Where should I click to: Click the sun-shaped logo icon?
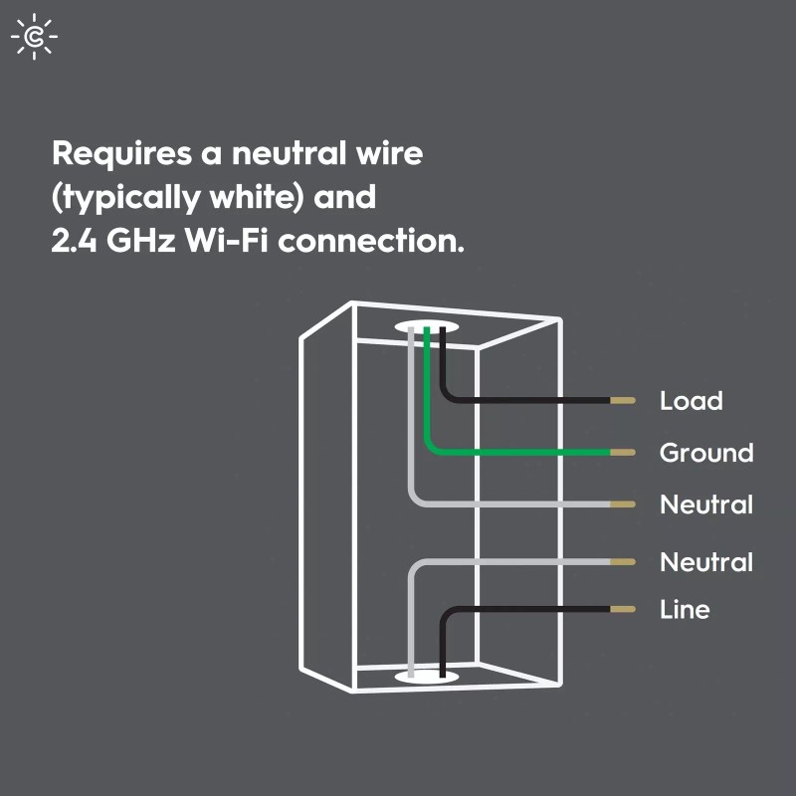point(34,37)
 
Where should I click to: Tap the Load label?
point(691,401)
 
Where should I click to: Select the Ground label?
point(705,453)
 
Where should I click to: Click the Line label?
point(685,609)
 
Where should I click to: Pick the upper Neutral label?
point(705,504)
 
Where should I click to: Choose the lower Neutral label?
point(705,562)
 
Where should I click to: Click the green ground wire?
point(517,452)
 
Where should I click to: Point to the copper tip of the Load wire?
point(623,401)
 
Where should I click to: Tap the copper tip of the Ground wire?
point(623,452)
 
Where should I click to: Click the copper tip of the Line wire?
point(623,609)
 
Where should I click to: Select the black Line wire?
point(527,609)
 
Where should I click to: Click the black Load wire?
point(527,401)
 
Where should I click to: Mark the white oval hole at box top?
point(428,326)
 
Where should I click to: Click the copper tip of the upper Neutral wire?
point(623,504)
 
